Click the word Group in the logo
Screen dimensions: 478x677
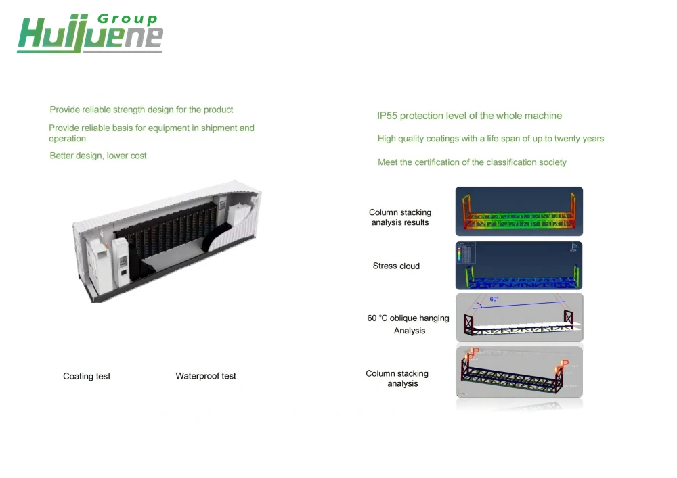(127, 19)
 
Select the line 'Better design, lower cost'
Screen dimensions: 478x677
(98, 156)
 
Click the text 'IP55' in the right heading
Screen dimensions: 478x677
(387, 116)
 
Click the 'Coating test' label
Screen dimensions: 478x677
(87, 376)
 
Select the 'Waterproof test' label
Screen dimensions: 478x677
(206, 376)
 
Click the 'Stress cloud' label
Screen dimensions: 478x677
(396, 266)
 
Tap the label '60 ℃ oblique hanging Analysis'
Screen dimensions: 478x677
(408, 324)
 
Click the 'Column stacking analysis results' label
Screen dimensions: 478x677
(400, 217)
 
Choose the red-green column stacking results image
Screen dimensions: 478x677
(519, 211)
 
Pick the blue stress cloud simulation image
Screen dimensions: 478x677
(519, 266)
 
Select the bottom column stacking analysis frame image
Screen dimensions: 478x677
(519, 372)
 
